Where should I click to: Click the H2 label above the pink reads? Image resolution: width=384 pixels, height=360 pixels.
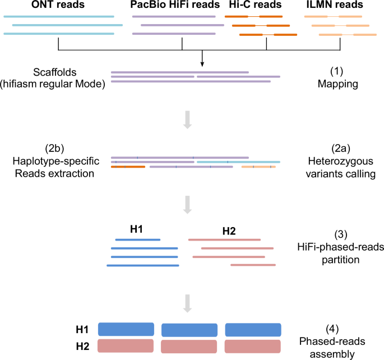229,230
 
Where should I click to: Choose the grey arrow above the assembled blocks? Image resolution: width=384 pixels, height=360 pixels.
188,303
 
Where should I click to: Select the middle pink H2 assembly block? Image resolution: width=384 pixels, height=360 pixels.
189,345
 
